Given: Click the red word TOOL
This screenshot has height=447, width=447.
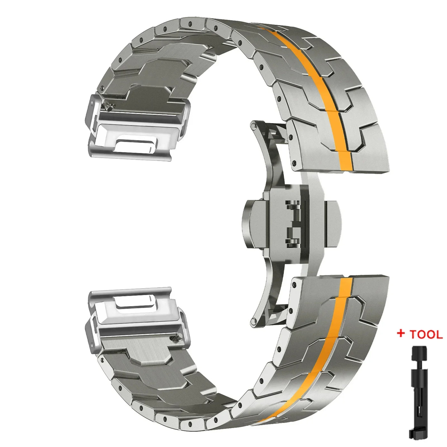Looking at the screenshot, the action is click(x=426, y=335).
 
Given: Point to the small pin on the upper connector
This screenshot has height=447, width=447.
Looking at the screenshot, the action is click(x=109, y=107).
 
